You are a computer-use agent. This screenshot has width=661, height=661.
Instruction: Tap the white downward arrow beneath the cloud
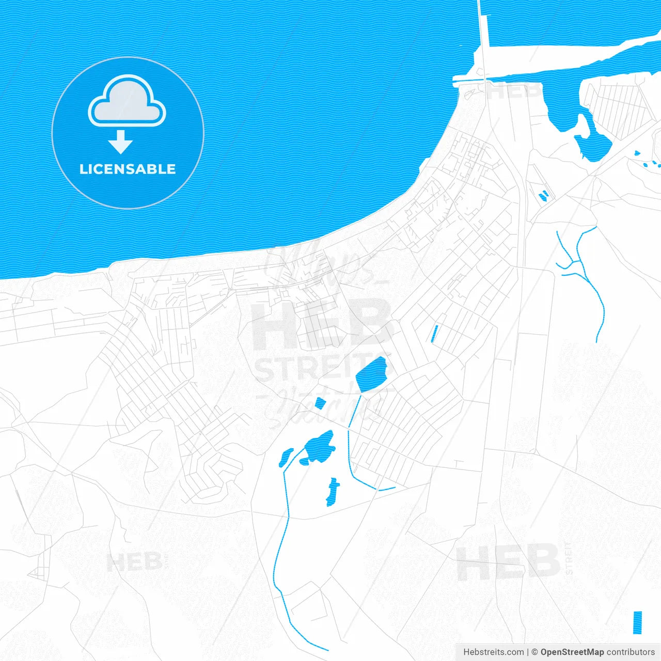coord(121,142)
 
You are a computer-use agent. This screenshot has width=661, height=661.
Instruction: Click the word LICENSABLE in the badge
coord(128,169)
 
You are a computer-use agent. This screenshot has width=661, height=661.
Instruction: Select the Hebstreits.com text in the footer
coord(494,652)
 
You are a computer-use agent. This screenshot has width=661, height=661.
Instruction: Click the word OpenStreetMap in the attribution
coord(572,652)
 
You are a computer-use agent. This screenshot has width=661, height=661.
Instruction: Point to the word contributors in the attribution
coord(631,652)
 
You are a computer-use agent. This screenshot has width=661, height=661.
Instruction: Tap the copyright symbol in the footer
coord(534,652)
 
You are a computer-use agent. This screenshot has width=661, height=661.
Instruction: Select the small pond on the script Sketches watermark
coord(320,403)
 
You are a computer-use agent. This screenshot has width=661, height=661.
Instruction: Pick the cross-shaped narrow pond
coord(333,491)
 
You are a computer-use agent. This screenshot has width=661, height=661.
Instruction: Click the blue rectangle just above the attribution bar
coord(637,622)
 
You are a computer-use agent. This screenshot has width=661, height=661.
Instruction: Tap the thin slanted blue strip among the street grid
coord(434,334)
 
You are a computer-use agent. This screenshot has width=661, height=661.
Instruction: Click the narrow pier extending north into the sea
coord(482,36)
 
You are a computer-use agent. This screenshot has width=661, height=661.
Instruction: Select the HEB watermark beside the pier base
coord(514,92)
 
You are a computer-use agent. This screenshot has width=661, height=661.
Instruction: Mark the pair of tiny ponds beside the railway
coord(543,196)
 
